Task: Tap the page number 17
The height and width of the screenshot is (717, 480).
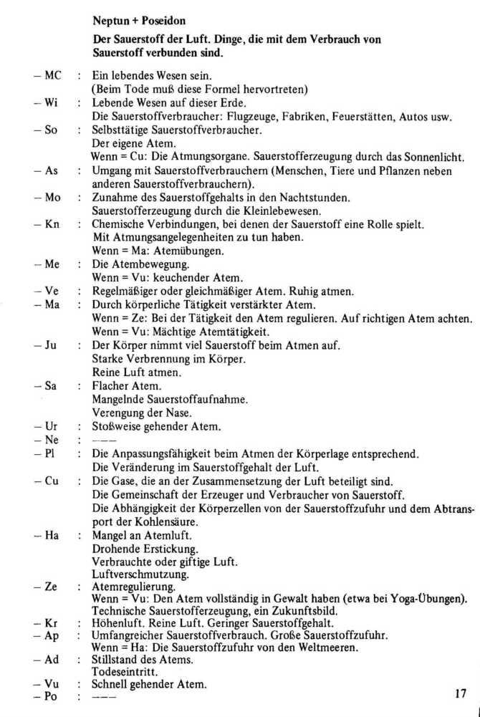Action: coord(461,693)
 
